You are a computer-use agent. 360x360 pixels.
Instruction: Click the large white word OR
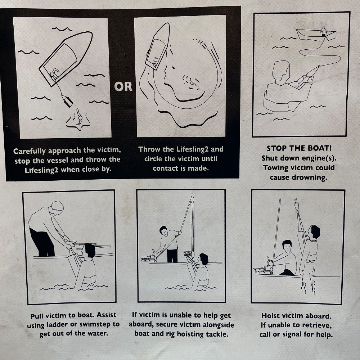coord(123,86)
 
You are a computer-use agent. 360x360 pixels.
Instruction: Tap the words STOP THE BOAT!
coord(299,148)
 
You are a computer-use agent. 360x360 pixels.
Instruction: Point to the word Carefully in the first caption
coord(30,151)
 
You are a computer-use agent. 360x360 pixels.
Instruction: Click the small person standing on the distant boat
coord(323,31)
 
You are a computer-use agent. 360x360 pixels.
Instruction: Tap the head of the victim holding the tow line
coord(280,70)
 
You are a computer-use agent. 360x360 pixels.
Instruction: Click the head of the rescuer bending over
coord(57,208)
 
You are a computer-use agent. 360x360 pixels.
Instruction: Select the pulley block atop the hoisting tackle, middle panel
coord(192,199)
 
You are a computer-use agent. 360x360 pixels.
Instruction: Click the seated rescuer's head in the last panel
coord(287,247)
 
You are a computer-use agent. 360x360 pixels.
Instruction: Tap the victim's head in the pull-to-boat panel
coord(89,252)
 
